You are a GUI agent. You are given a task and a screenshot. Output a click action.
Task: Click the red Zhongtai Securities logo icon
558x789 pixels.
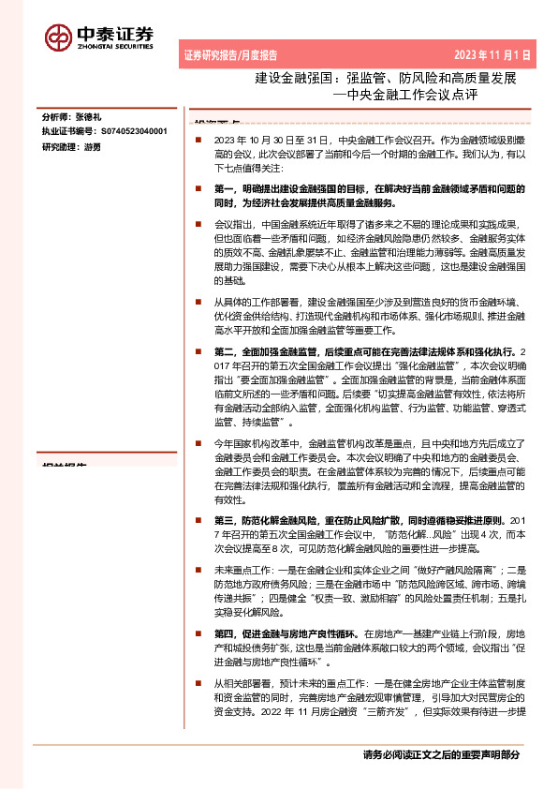(59, 37)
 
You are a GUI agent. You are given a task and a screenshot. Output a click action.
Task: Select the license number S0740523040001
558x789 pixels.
(133, 133)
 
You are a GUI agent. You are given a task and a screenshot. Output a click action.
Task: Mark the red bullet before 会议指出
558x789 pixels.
(198, 226)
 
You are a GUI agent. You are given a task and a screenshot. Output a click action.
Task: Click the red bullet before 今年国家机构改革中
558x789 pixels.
(198, 442)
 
